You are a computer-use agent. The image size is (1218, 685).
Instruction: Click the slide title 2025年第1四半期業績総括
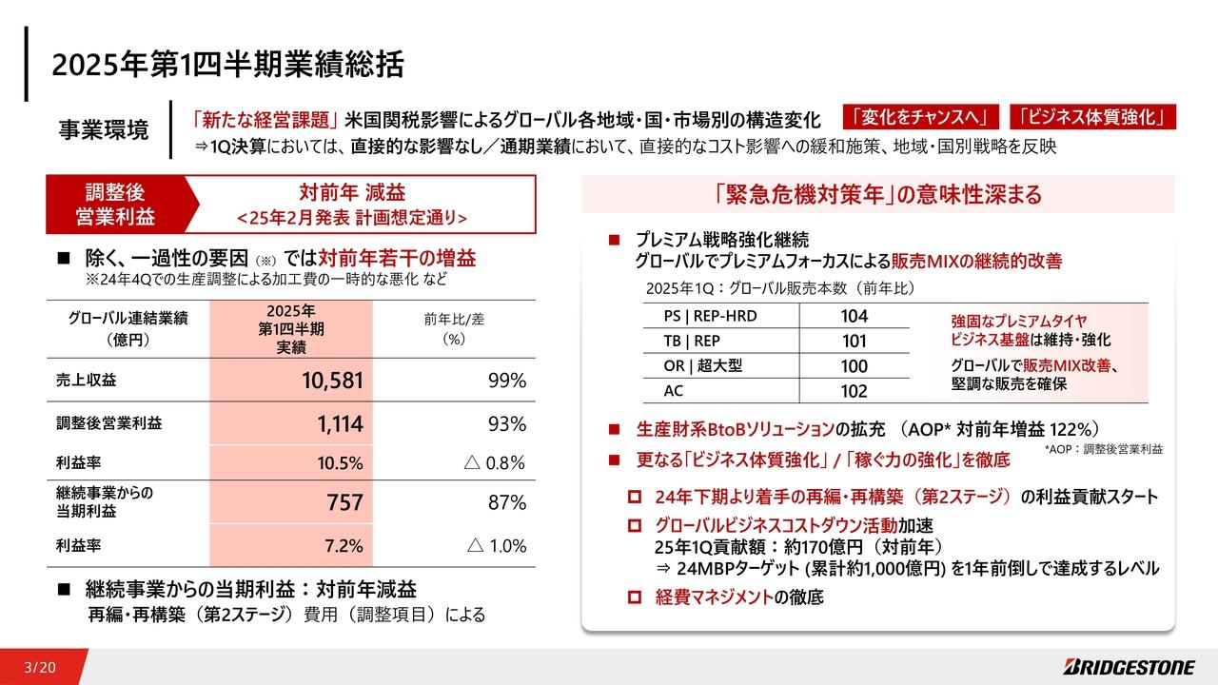[x=228, y=65]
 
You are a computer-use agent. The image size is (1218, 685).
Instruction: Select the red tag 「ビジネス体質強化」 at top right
[x=1091, y=117]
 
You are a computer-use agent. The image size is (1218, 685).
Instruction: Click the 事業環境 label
[x=104, y=130]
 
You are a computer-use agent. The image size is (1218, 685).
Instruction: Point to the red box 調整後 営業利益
[x=114, y=205]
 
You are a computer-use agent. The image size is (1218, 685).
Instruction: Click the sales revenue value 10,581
[x=332, y=382]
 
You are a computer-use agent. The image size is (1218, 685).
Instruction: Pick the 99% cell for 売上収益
[x=507, y=382]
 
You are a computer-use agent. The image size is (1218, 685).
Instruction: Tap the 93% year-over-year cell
[x=507, y=423]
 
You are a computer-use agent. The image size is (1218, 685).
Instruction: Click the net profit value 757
[x=344, y=502]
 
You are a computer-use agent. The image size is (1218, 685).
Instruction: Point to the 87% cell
[x=507, y=502]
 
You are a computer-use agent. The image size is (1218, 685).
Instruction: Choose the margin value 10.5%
[x=341, y=463]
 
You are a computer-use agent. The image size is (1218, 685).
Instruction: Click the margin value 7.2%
[x=344, y=546]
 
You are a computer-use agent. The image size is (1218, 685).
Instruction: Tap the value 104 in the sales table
[x=854, y=317]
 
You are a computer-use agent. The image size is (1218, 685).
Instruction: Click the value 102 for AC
[x=854, y=391]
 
